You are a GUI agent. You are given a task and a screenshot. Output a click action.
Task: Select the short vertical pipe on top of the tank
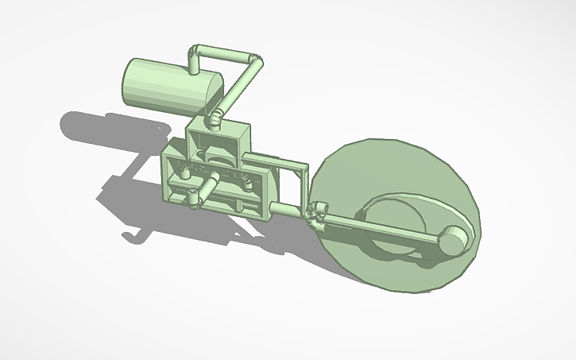click(193, 63)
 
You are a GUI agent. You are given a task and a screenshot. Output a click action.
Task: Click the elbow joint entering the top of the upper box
click(214, 120)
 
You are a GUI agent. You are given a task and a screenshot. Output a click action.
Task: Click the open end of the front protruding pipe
click(192, 197)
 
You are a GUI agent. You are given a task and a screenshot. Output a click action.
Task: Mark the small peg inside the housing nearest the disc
click(248, 184)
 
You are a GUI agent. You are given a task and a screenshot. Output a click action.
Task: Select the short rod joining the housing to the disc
click(286, 210)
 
